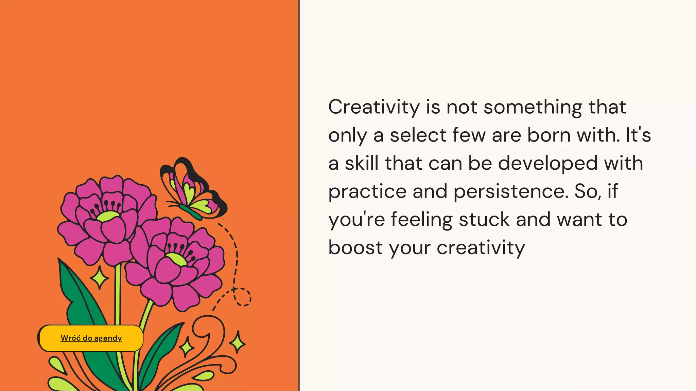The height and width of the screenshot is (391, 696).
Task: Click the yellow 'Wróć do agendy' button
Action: pos(91,338)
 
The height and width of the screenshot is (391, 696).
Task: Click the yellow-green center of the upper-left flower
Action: pos(108,216)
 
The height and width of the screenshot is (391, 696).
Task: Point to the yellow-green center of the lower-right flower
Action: pos(176,259)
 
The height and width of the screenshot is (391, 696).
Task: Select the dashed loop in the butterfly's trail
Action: pos(242,297)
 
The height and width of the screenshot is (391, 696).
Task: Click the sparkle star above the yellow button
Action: pos(100,278)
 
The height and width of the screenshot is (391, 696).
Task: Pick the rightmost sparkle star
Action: pos(238,342)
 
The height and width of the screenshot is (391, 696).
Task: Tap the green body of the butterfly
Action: pos(191,212)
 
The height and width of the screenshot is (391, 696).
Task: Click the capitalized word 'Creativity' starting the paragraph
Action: pos(374,107)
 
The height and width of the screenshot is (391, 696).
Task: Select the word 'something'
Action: pos(533,107)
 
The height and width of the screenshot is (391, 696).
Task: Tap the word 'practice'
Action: pos(367,192)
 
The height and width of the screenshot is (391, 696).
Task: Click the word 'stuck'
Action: pos(484,220)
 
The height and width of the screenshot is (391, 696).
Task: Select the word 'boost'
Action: pos(355,247)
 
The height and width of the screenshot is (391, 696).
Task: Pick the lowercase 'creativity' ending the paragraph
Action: pos(481,248)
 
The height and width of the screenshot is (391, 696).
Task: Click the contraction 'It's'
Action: pos(638,135)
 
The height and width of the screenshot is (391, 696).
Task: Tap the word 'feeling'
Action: pos(421,220)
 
